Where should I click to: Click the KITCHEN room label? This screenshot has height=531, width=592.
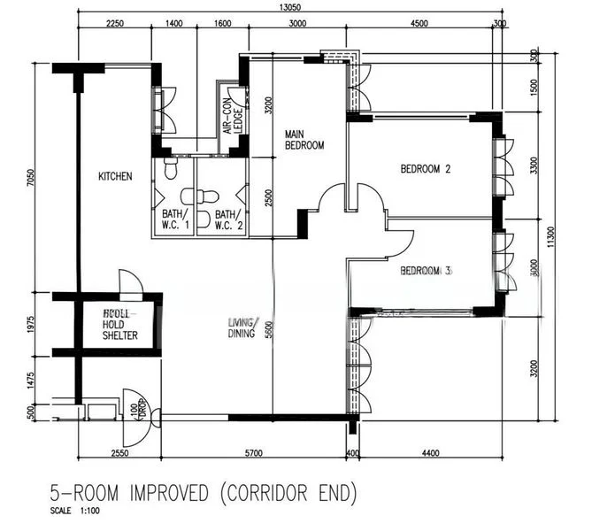pyautogui.click(x=115, y=176)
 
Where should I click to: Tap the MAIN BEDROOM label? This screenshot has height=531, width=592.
pyautogui.click(x=304, y=140)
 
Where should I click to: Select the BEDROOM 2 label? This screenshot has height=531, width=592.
pyautogui.click(x=426, y=168)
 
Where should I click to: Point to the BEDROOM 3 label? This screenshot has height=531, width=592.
pyautogui.click(x=426, y=270)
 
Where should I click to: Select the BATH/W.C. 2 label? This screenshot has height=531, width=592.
pyautogui.click(x=227, y=219)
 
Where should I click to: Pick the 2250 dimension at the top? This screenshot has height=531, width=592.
pyautogui.click(x=115, y=23)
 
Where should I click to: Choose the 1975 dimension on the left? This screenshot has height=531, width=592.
pyautogui.click(x=30, y=324)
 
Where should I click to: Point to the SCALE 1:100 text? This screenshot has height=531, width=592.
pyautogui.click(x=75, y=511)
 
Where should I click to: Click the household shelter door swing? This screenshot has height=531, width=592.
pyautogui.click(x=129, y=283)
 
